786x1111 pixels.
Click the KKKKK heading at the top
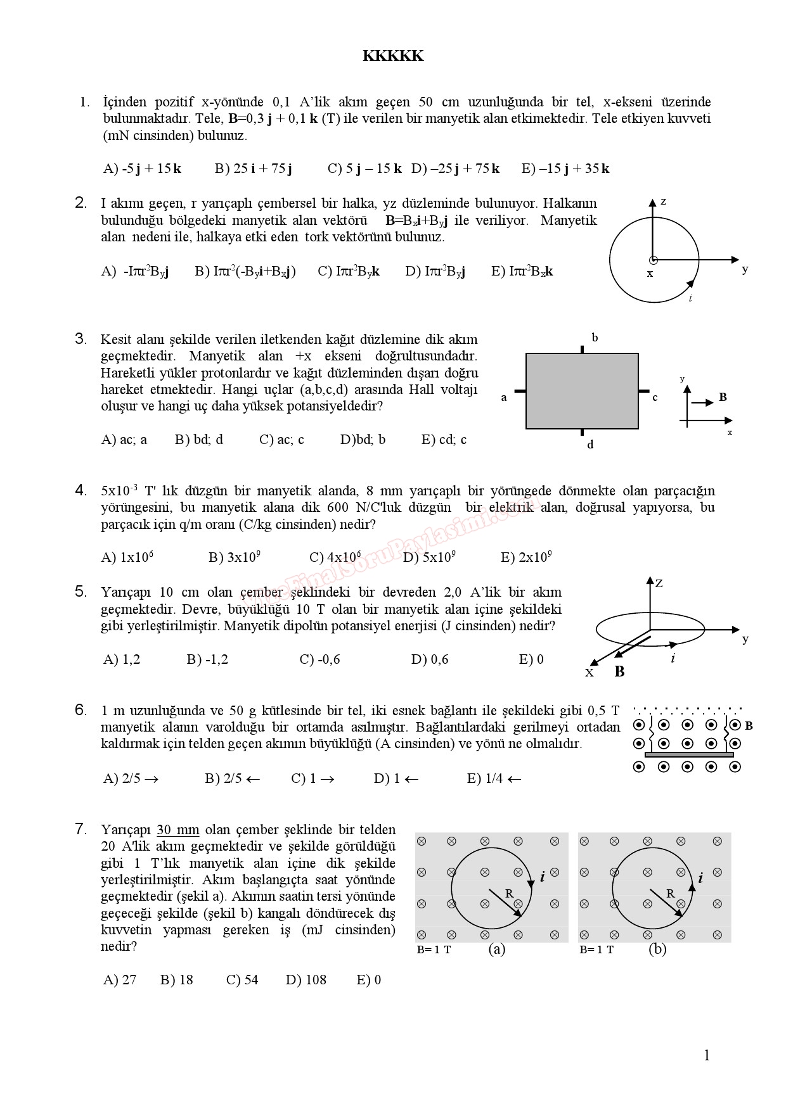point(393,56)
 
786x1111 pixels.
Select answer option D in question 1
point(455,168)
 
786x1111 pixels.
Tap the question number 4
point(81,490)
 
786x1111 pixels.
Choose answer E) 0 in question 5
point(531,659)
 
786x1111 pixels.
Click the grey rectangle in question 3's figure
point(581,391)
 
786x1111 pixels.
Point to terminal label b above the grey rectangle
point(595,338)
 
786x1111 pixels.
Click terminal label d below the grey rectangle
point(590,445)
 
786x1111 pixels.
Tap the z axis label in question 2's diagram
point(663,201)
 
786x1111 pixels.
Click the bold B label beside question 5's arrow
point(619,671)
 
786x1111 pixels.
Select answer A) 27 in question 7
point(120,980)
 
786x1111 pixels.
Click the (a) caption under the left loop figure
point(497,949)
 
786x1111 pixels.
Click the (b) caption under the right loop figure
point(657,949)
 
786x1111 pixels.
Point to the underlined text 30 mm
point(177,830)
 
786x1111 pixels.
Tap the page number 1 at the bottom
point(707,1055)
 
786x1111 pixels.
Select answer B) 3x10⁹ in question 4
point(235,557)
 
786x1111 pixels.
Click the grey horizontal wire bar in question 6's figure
point(689,754)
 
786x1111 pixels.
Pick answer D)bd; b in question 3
point(363,440)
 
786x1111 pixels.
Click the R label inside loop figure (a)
point(508,894)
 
